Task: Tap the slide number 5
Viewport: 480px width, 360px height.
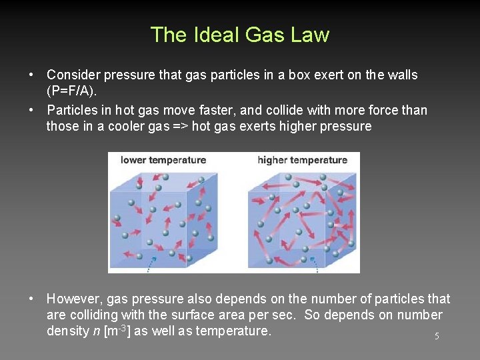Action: tap(437, 337)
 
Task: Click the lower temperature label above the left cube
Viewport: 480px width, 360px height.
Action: tap(163, 160)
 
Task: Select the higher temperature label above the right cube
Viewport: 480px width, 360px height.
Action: tap(302, 160)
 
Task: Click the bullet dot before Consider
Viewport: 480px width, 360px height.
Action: tap(32, 75)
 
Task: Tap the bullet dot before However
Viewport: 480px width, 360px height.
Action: tap(32, 299)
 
